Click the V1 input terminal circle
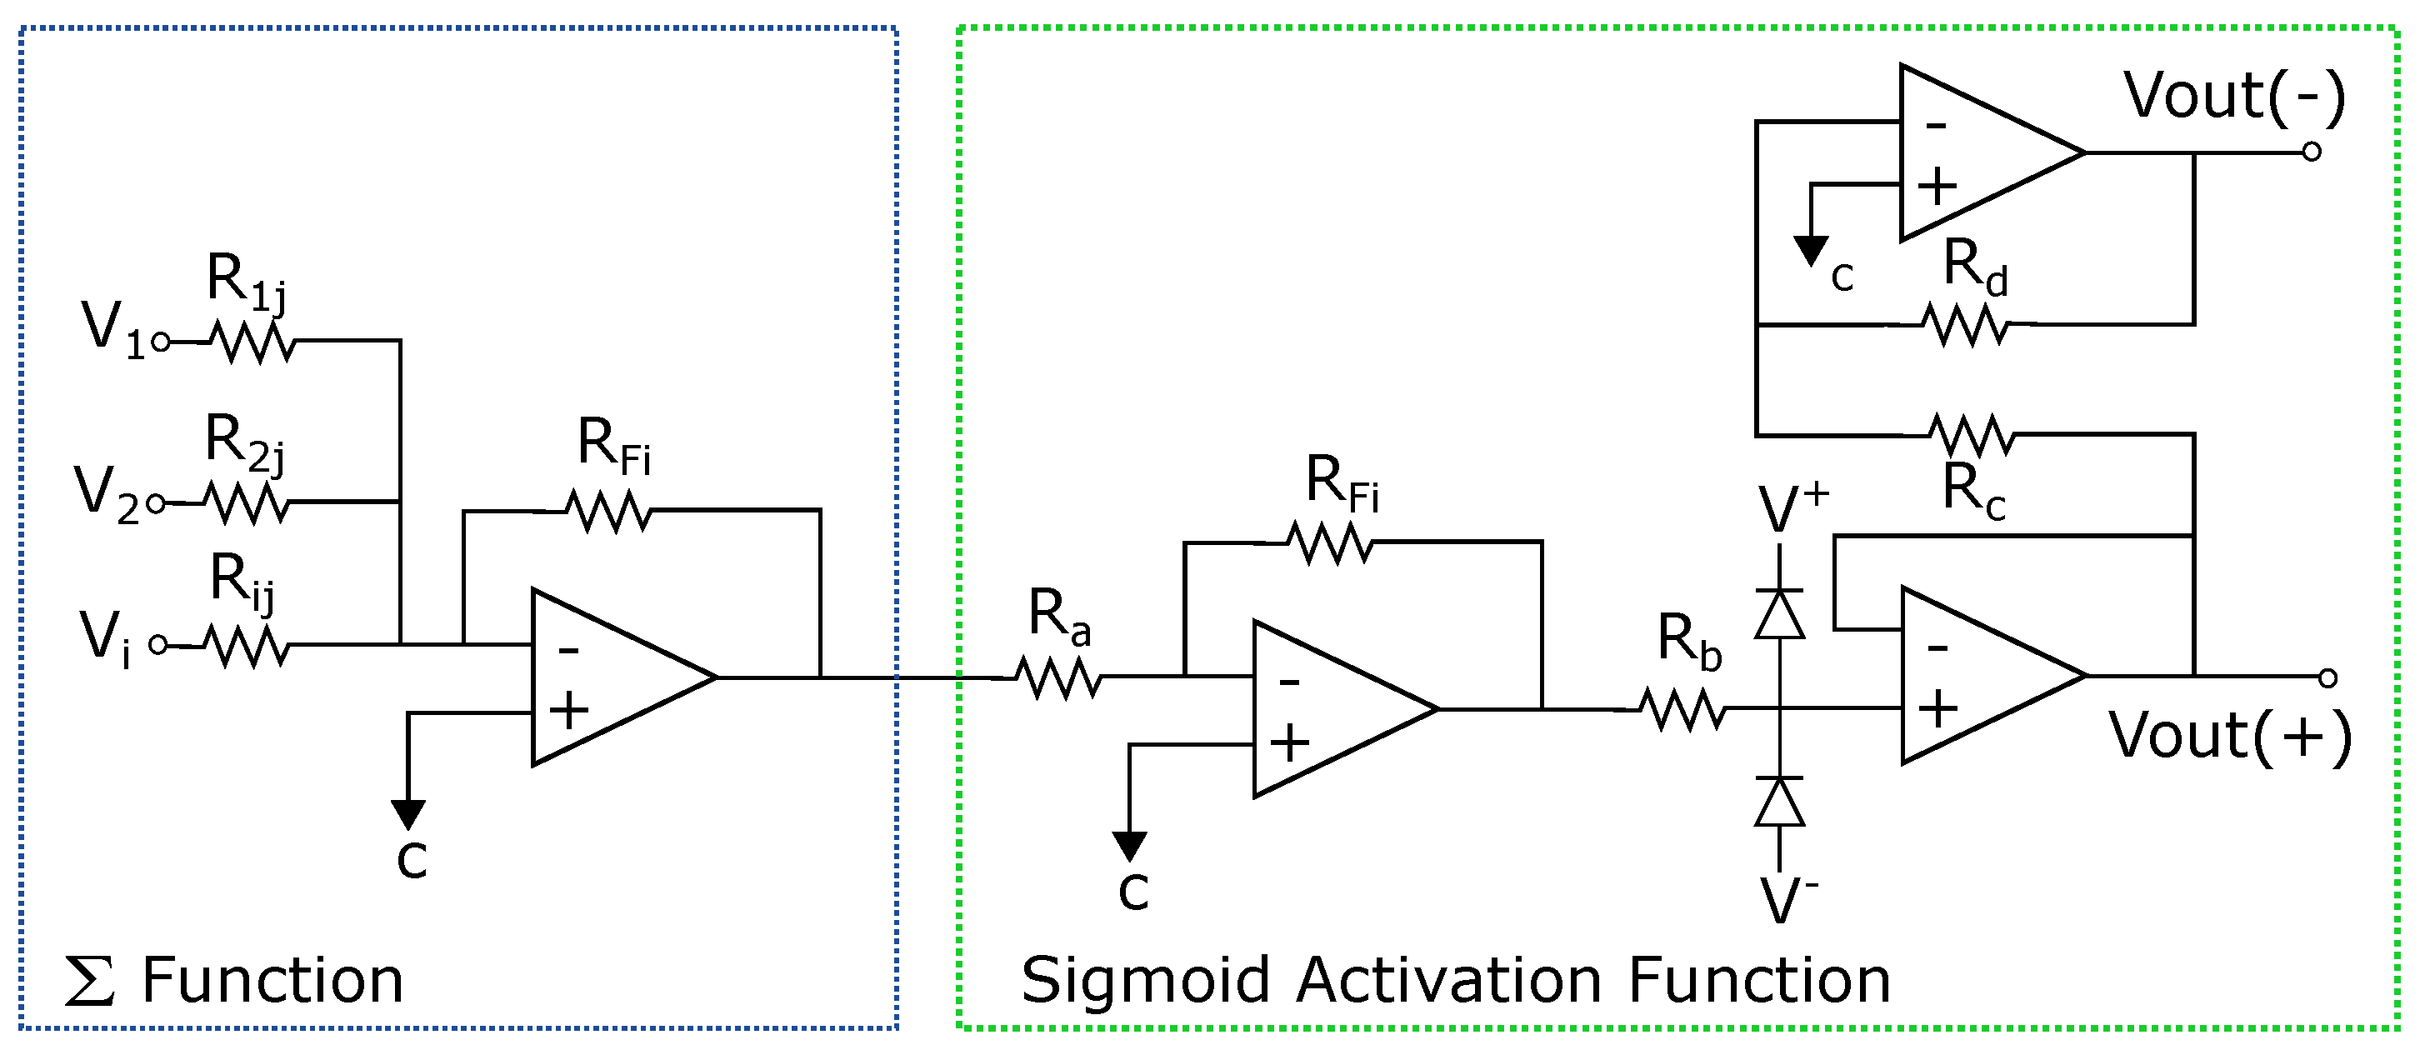161,342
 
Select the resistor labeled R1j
252,342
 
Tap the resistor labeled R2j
247,503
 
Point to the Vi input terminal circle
158,645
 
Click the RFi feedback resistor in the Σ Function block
608,512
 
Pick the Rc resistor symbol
1972,435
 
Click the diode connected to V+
1779,614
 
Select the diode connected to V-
1779,802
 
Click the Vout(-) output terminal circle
2311,152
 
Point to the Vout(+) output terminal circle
2327,678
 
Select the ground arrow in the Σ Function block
408,813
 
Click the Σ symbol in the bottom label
89,981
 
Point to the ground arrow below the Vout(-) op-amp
1811,250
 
